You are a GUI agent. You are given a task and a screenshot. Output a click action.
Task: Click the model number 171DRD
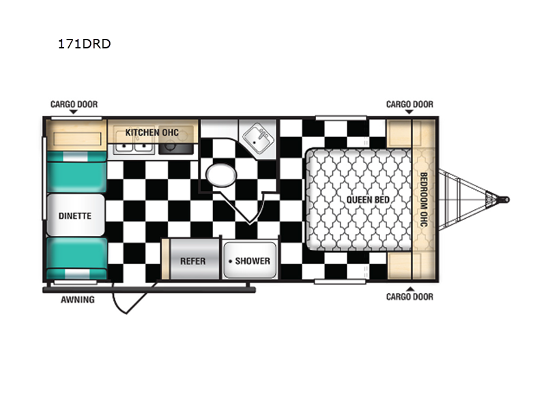(x=84, y=44)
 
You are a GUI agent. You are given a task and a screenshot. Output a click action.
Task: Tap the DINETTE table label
(x=75, y=216)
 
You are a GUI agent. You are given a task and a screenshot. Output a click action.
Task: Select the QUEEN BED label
(x=368, y=200)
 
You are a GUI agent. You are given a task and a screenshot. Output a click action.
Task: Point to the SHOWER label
(x=253, y=261)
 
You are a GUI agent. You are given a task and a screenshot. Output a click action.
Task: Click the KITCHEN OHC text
(x=152, y=132)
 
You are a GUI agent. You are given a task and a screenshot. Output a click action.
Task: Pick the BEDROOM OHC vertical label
(x=423, y=200)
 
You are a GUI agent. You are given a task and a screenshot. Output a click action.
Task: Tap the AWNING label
(x=78, y=299)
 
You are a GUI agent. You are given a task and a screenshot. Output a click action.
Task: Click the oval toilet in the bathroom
(x=221, y=175)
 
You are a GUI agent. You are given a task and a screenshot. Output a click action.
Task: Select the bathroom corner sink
(x=259, y=139)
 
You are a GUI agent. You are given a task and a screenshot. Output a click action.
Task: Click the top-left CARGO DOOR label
(x=74, y=104)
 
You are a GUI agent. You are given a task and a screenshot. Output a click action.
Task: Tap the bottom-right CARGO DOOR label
(x=410, y=297)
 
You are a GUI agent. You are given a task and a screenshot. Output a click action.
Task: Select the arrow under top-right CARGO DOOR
(x=409, y=112)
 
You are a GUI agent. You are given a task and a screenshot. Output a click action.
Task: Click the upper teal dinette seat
(x=76, y=172)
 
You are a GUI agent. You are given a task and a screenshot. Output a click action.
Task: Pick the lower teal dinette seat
(x=77, y=258)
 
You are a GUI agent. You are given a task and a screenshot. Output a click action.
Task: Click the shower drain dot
(x=230, y=261)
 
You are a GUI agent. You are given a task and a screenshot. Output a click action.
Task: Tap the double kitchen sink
(x=134, y=147)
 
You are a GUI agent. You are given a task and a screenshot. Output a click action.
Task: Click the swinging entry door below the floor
(x=133, y=298)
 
